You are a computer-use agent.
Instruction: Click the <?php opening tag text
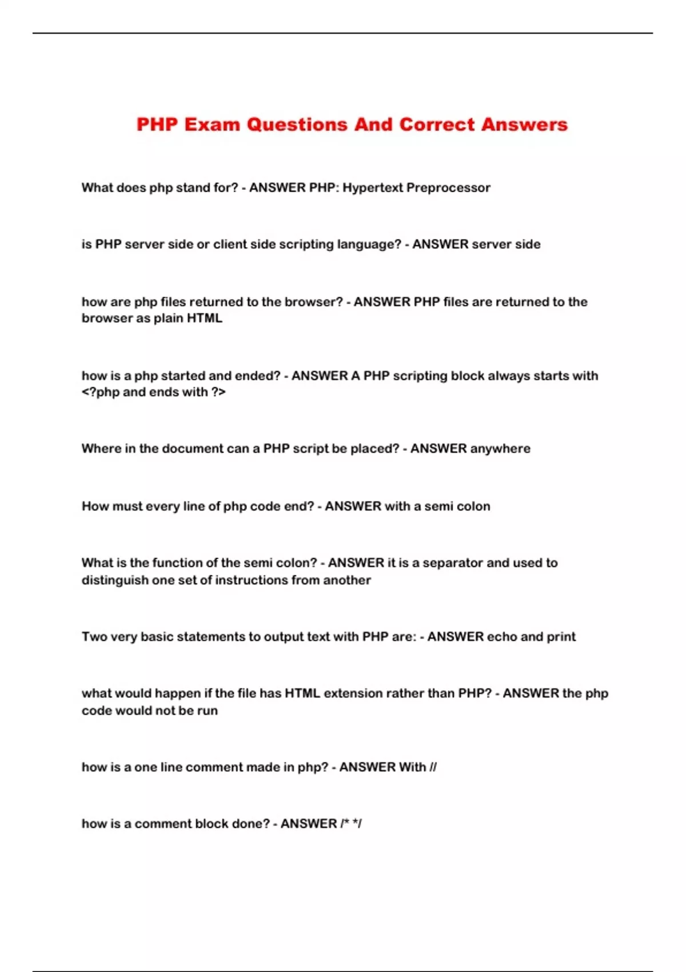click(100, 392)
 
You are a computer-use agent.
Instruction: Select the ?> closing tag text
click(218, 392)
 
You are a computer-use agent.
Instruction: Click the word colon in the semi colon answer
click(473, 507)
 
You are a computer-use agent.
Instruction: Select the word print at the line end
click(561, 637)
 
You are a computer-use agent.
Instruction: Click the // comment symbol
click(433, 767)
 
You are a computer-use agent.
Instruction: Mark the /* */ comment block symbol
click(351, 824)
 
